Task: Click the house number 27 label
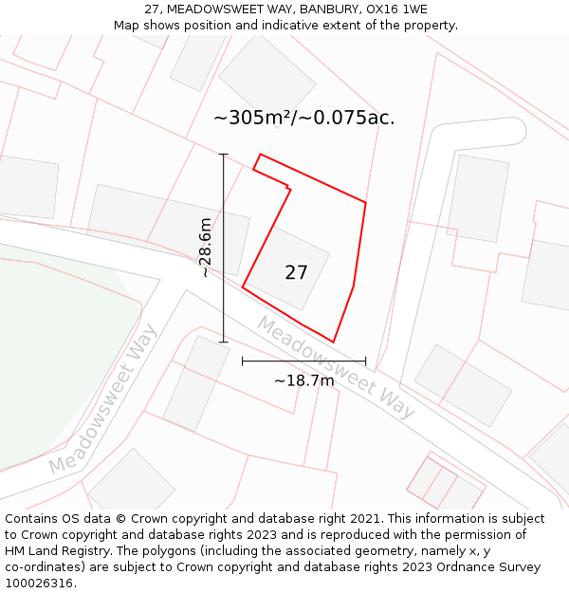click(296, 272)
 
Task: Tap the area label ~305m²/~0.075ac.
click(303, 119)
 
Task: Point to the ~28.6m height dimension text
click(205, 248)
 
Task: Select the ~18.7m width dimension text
click(303, 380)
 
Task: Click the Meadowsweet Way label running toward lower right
click(336, 366)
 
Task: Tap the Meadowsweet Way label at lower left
click(102, 399)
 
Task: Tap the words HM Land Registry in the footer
click(50, 551)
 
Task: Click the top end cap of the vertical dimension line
click(224, 154)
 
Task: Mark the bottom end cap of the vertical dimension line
click(224, 342)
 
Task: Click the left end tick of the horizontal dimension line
click(243, 361)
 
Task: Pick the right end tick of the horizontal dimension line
click(365, 361)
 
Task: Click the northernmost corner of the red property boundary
click(260, 154)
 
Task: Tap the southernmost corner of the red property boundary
click(333, 342)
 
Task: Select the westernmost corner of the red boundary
click(243, 286)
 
